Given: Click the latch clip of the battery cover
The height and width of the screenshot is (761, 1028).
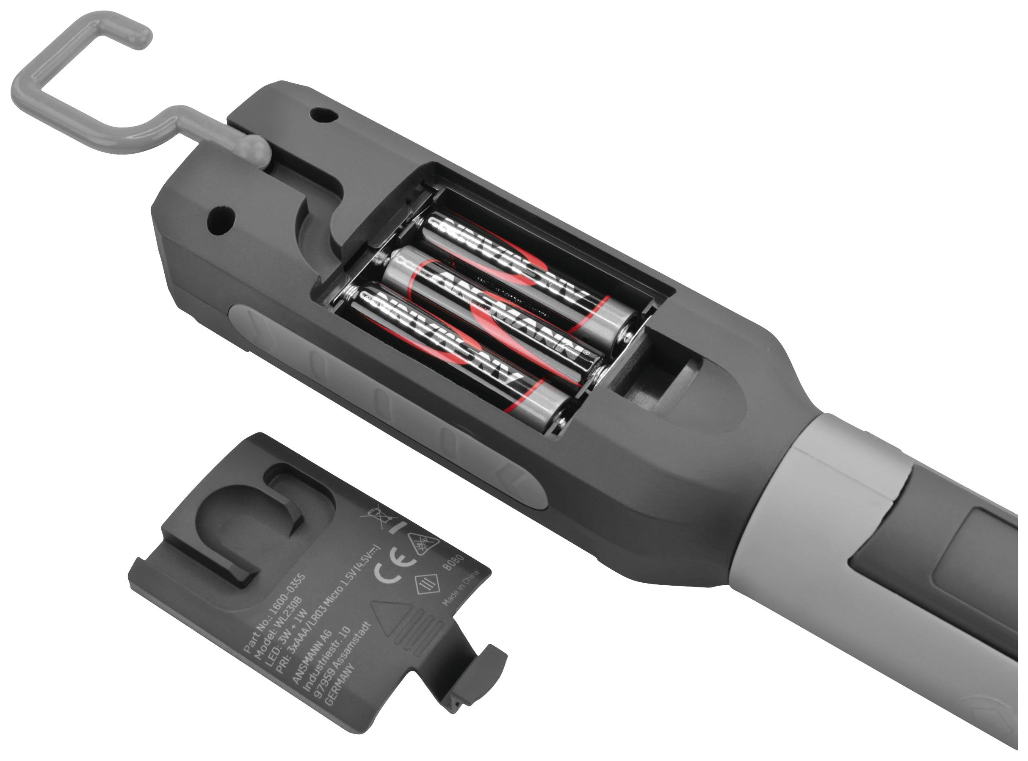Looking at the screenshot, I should click(484, 663).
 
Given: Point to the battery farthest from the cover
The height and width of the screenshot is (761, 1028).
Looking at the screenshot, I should click(530, 277).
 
